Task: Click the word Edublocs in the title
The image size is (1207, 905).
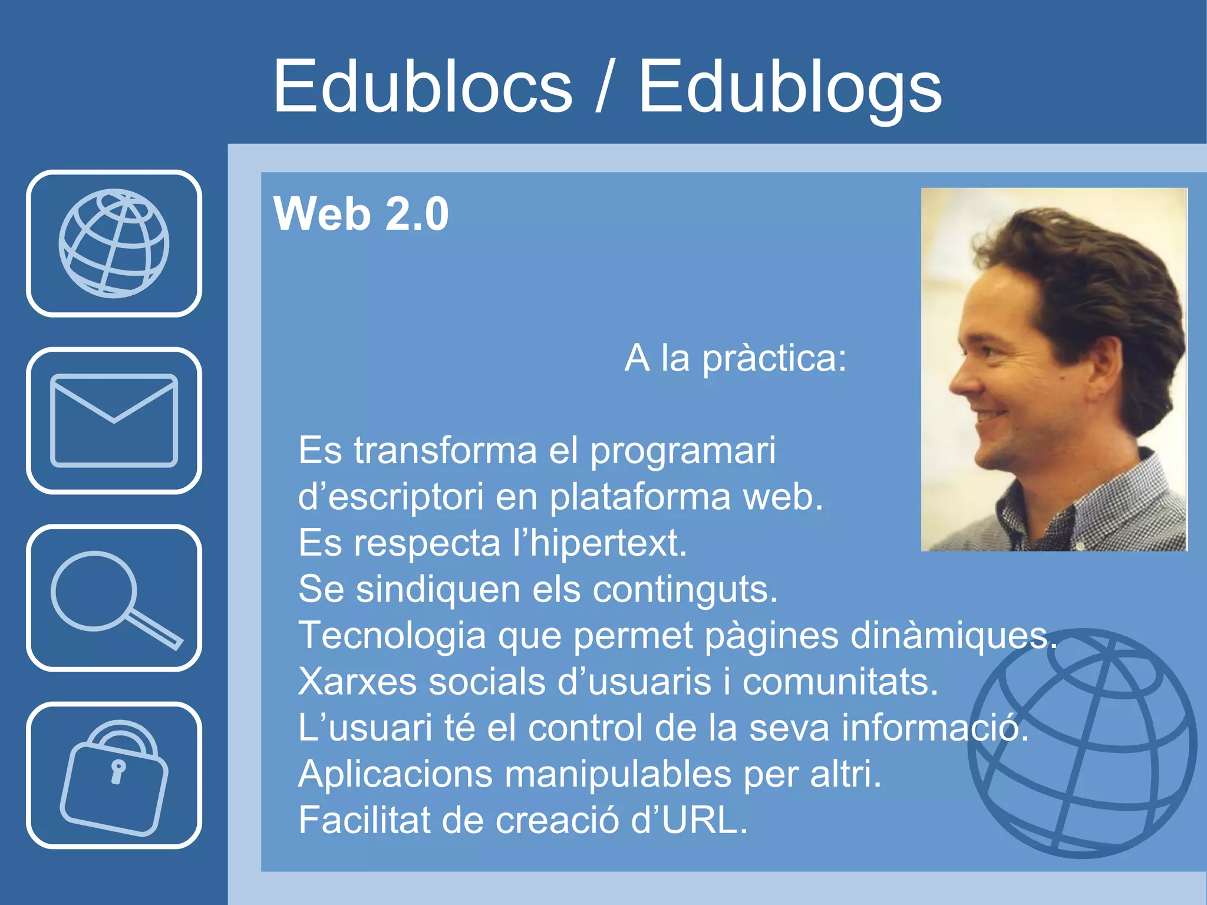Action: (x=422, y=87)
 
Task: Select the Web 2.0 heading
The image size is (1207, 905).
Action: (x=361, y=214)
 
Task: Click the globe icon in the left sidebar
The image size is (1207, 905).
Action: (x=114, y=243)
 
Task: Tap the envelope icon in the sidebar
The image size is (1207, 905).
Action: (x=114, y=421)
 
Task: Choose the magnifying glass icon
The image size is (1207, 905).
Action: (x=114, y=598)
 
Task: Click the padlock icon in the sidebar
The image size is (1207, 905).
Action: (x=114, y=775)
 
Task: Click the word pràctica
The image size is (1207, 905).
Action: (x=774, y=358)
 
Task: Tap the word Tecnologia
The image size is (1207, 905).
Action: (x=392, y=635)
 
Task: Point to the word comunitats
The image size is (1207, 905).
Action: (x=839, y=682)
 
